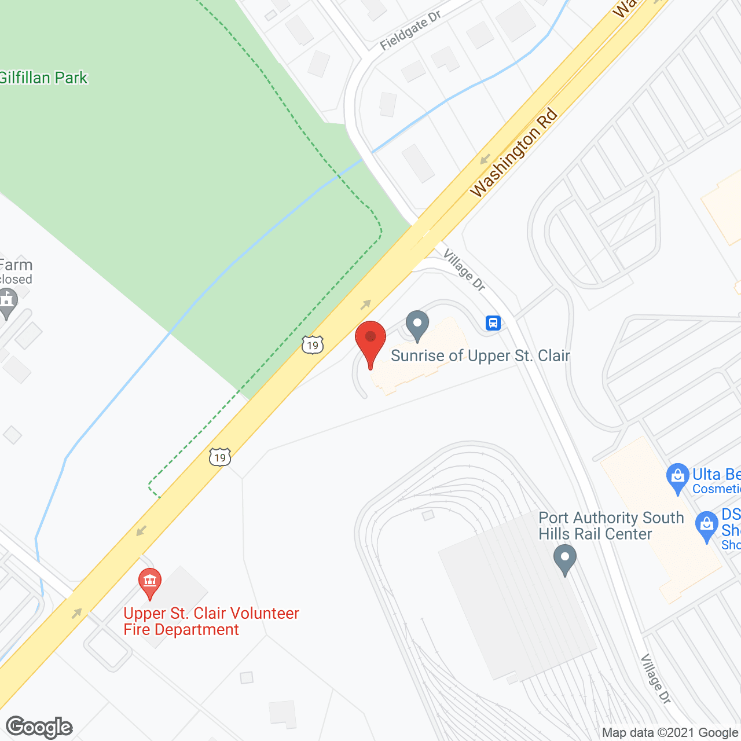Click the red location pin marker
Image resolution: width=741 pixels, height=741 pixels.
(370, 342)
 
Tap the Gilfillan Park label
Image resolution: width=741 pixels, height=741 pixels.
(43, 78)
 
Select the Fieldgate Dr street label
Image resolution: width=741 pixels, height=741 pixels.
(410, 31)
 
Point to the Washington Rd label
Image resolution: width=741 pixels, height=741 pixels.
(513, 153)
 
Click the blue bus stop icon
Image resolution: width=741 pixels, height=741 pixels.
(493, 322)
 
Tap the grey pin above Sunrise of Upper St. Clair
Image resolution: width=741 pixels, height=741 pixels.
(417, 325)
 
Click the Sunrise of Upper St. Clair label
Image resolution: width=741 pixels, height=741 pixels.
(480, 355)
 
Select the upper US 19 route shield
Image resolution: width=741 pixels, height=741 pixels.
(313, 345)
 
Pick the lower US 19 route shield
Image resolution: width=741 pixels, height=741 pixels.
(220, 457)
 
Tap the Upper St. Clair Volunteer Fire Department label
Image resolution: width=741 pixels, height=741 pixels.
(211, 621)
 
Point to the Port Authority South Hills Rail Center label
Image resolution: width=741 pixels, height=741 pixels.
(611, 526)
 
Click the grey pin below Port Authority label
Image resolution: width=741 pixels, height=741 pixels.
(564, 559)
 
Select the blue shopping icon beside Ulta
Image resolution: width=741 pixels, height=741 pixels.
(677, 478)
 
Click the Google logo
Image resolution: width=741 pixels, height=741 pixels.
(39, 727)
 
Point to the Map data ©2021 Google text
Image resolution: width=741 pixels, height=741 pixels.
(670, 733)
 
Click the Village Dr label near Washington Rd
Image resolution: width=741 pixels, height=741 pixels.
(464, 269)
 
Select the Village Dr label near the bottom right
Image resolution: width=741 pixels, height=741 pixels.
(655, 678)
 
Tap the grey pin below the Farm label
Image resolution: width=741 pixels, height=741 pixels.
(8, 303)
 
